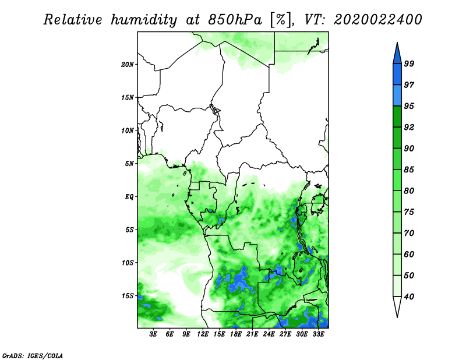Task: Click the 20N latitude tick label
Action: click(x=128, y=65)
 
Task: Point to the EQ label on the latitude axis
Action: click(x=129, y=197)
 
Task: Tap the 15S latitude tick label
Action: click(x=128, y=296)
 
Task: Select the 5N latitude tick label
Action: click(x=129, y=164)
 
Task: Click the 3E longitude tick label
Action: click(x=153, y=334)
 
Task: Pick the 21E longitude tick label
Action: click(x=252, y=334)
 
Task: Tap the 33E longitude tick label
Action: click(x=318, y=334)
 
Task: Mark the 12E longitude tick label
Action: click(x=203, y=334)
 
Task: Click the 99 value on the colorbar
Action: click(x=409, y=63)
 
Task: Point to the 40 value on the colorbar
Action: click(x=409, y=297)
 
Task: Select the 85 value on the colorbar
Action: click(x=409, y=170)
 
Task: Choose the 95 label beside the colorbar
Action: click(x=409, y=106)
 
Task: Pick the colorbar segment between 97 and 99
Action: click(x=397, y=75)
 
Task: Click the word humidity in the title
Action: click(x=144, y=20)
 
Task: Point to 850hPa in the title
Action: click(x=235, y=20)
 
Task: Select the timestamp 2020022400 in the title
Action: click(x=377, y=20)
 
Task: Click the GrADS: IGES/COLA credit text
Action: click(x=33, y=355)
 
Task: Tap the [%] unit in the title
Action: click(x=281, y=20)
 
